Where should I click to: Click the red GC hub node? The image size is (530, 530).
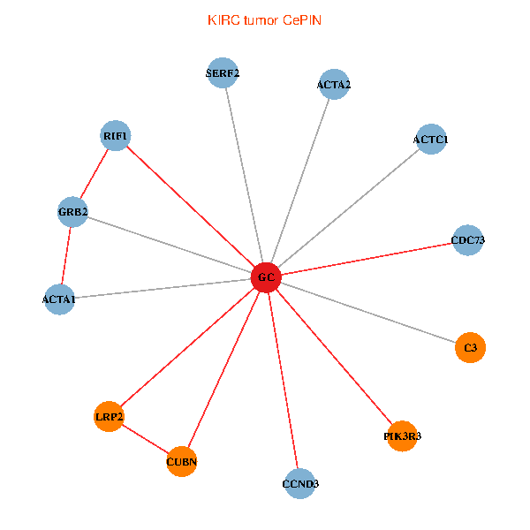(x=265, y=278)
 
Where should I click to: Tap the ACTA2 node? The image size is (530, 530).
(x=334, y=85)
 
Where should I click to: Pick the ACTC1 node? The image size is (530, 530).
(x=430, y=140)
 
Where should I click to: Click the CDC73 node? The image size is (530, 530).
(x=467, y=240)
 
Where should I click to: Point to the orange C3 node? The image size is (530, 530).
(x=470, y=348)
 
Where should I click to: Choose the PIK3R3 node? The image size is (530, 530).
(x=402, y=435)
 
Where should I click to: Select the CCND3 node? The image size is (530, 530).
(x=300, y=483)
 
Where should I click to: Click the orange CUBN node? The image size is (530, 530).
(x=182, y=461)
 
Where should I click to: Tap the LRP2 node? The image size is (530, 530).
(x=109, y=416)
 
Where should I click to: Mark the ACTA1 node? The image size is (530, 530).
(x=59, y=299)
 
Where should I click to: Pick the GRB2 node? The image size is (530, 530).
(x=72, y=212)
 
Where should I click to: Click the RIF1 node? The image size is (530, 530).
(x=116, y=136)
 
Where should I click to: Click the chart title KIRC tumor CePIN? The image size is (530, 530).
(x=264, y=20)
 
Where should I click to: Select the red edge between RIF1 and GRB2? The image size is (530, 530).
(x=95, y=174)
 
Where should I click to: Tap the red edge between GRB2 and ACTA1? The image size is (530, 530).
(x=66, y=255)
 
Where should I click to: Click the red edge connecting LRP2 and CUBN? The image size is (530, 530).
(x=146, y=439)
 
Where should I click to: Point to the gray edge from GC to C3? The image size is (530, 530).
(x=367, y=314)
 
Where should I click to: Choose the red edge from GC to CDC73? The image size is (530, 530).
(x=367, y=259)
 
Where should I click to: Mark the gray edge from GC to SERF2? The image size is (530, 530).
(x=245, y=175)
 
